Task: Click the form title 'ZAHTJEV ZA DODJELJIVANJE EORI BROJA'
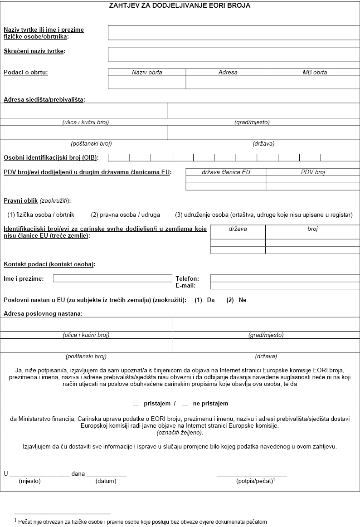[x=180, y=6]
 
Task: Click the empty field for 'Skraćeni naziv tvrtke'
[x=233, y=54]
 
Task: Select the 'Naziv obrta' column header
[x=147, y=72]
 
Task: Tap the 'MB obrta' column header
[x=315, y=72]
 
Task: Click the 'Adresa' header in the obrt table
[x=228, y=72]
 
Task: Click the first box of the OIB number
[x=119, y=157]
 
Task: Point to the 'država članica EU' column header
[x=226, y=172]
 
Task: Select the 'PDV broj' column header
[x=313, y=172]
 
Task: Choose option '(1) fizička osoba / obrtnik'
[x=41, y=215]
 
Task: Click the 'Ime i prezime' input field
[x=112, y=278]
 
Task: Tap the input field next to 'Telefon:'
[x=285, y=278]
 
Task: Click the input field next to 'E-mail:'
[x=285, y=286]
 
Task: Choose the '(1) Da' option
[x=204, y=300]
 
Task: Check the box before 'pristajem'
[x=136, y=402]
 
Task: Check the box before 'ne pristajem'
[x=185, y=402]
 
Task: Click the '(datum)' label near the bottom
[x=106, y=481]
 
